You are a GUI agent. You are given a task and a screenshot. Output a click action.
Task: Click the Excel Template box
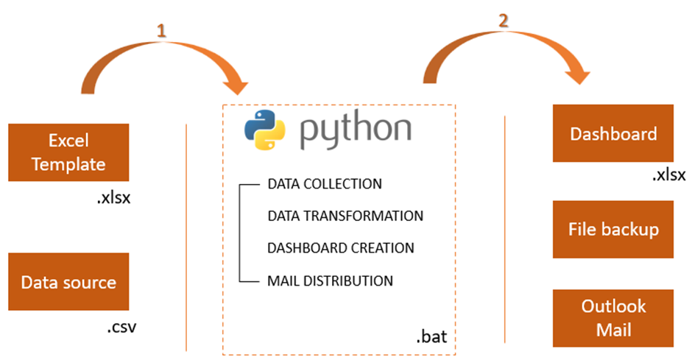(68, 152)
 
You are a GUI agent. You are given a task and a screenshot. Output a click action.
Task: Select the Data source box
(68, 282)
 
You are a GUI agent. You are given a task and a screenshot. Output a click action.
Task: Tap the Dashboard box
(613, 134)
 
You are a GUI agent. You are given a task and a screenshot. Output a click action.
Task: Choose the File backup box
(613, 230)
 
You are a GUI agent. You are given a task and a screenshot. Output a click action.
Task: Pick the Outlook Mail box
(613, 318)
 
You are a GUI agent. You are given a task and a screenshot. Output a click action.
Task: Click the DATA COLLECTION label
(325, 183)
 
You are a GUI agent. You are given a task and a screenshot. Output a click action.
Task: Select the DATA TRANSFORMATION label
(345, 216)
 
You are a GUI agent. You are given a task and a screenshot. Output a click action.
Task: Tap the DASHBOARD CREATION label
(341, 248)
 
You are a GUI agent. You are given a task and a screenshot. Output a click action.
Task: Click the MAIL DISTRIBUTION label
(330, 280)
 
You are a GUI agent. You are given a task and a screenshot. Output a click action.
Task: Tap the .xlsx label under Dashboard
(668, 175)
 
